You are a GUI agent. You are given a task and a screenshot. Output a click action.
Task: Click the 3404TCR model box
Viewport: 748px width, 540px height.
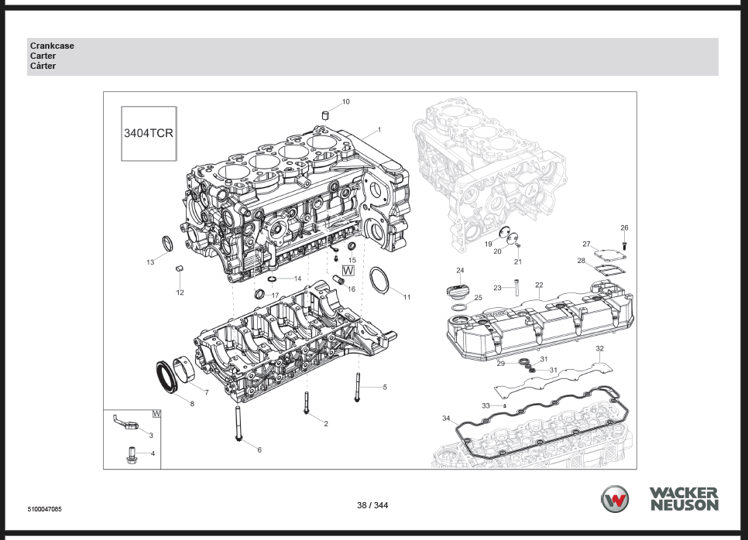coord(149,133)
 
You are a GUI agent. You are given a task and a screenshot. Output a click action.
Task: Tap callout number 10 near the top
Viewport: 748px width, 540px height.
coord(345,101)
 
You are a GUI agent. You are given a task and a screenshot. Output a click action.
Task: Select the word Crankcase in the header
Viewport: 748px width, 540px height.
coord(52,46)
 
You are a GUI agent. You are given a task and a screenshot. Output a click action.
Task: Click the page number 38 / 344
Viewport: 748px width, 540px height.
coord(372,505)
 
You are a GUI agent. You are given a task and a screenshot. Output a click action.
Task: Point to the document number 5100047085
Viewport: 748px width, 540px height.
coord(44,509)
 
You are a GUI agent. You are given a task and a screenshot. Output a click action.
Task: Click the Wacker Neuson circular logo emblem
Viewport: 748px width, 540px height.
coord(616,499)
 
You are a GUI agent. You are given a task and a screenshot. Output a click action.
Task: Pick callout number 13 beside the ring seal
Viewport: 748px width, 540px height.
coord(150,262)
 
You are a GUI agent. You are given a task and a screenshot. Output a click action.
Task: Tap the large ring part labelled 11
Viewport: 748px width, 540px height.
coord(379,280)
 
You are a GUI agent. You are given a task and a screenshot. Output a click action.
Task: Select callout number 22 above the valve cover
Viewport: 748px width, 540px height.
coord(539,285)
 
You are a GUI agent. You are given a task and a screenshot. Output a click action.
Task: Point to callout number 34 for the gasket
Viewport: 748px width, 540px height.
coord(446,419)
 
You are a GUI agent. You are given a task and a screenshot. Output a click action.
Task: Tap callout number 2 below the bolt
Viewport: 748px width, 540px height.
coord(326,424)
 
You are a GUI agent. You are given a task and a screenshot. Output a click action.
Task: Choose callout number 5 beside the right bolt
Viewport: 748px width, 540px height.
coord(385,387)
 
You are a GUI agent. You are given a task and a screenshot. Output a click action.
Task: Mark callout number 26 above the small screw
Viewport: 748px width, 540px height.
coord(624,227)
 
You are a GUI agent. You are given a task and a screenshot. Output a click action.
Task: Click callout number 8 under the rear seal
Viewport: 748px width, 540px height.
coord(192,404)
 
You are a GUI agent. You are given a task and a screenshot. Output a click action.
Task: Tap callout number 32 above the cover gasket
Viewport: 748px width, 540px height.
coord(599,349)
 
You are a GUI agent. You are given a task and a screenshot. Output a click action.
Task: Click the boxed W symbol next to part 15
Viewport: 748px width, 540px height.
coord(348,271)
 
